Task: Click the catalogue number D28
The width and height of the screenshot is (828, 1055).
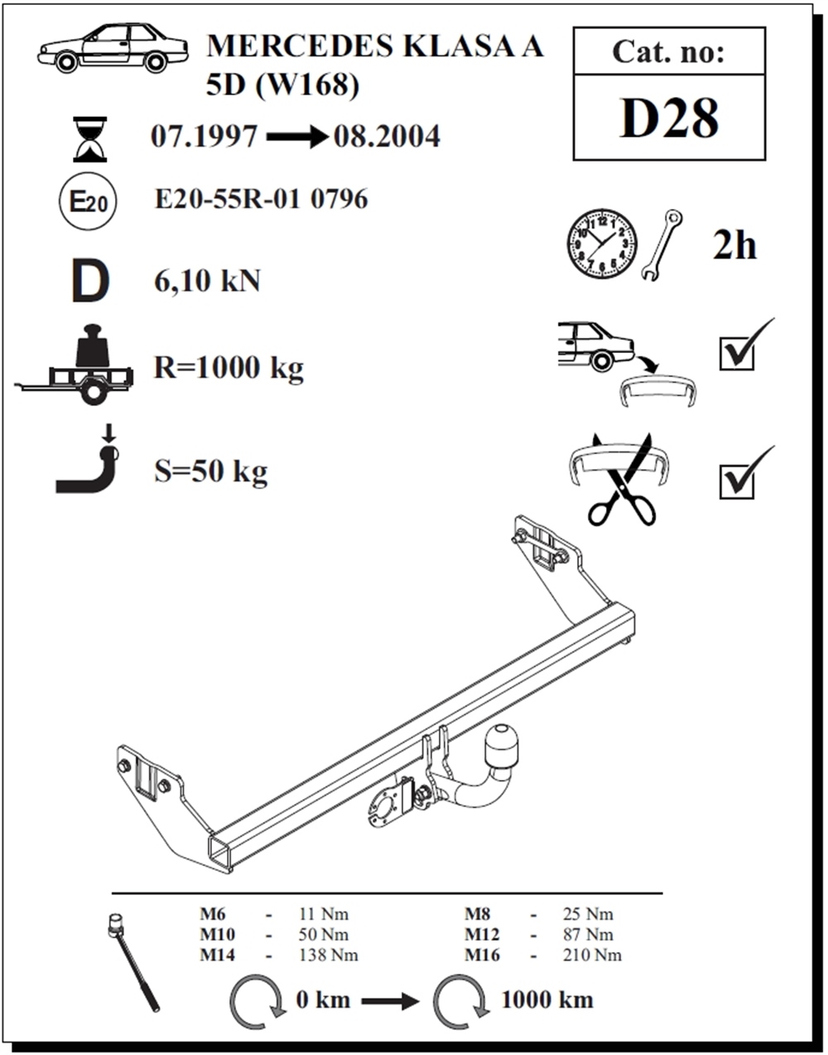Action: tap(668, 118)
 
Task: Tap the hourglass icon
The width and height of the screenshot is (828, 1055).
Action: tap(89, 139)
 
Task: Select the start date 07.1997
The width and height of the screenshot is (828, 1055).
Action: tap(204, 137)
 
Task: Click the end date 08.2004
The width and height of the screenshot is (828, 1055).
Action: tap(387, 137)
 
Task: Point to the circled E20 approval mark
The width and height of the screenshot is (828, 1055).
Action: tap(88, 201)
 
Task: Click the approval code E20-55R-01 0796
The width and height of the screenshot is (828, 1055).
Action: tap(261, 199)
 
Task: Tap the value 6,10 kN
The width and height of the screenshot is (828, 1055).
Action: tap(207, 281)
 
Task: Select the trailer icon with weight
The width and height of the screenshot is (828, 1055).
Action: tap(75, 365)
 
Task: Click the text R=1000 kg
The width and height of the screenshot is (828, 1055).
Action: tap(229, 367)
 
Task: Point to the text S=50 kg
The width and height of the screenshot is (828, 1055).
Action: tap(210, 472)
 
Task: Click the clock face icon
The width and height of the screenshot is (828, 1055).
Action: tap(602, 244)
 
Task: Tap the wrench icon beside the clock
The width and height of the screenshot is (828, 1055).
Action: tap(662, 244)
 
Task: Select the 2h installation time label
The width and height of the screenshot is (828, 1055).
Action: tap(734, 245)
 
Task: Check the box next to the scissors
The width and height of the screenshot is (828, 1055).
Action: tap(737, 482)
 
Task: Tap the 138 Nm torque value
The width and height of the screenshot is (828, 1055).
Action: tap(329, 955)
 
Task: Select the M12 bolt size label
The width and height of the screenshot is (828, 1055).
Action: tap(482, 935)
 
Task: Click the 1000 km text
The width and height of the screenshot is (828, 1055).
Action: tap(547, 1000)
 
